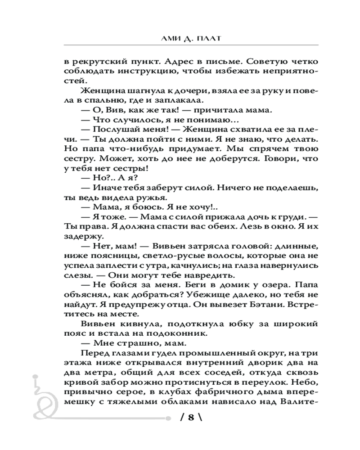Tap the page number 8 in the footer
[190, 417]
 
